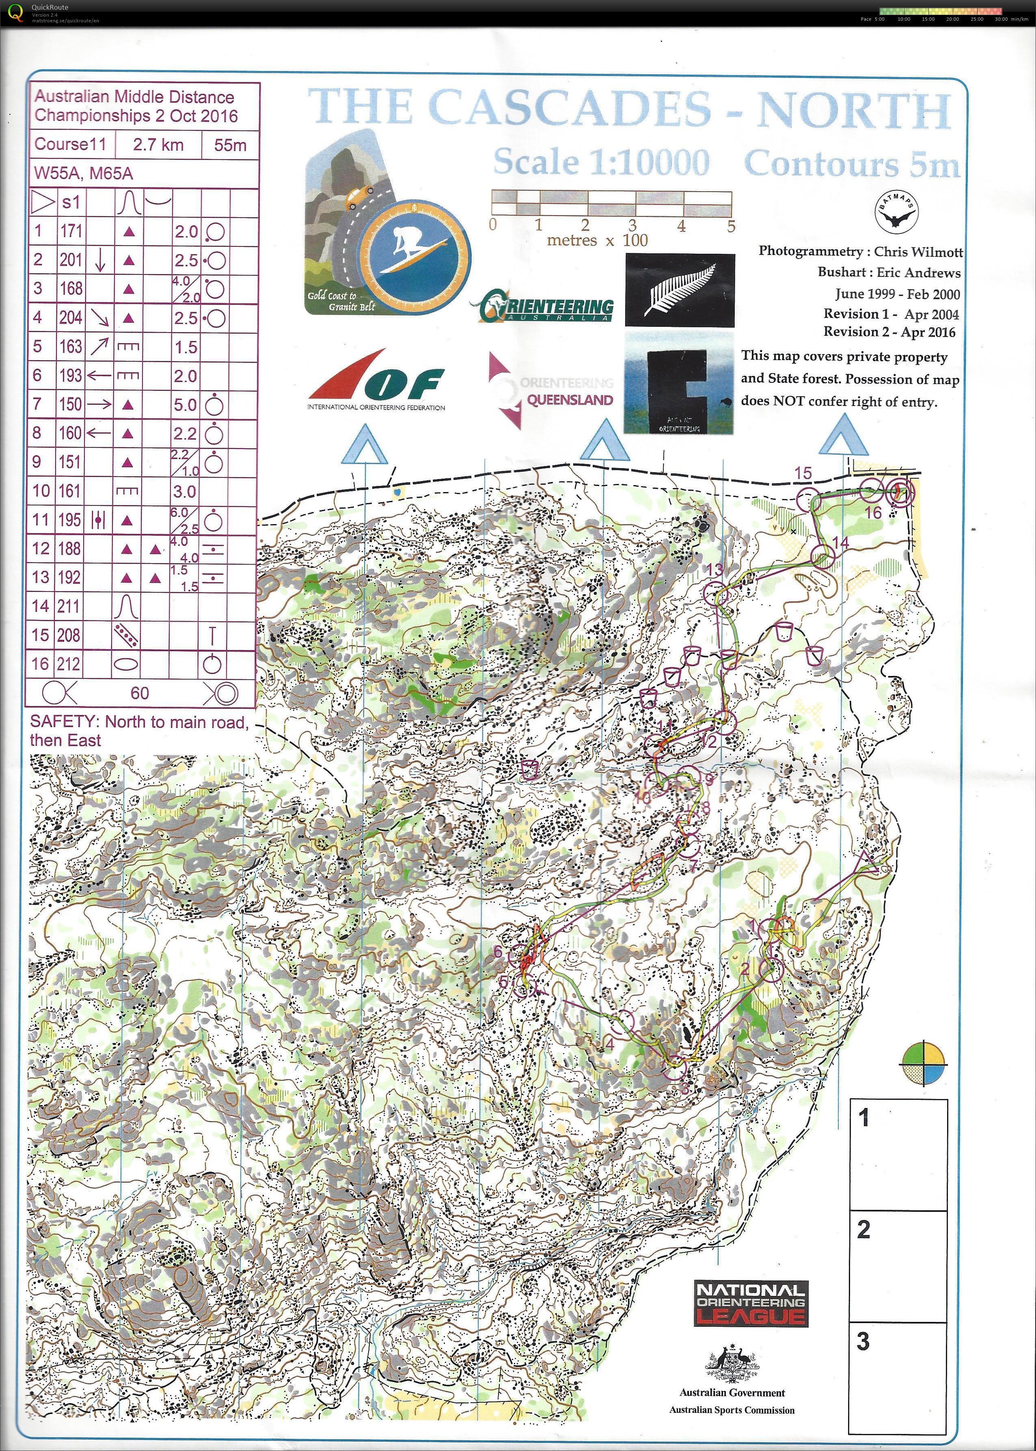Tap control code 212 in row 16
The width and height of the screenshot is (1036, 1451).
69,664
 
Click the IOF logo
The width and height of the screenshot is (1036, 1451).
376,380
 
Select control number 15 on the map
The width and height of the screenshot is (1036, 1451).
803,473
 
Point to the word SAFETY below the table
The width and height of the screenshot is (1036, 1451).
65,722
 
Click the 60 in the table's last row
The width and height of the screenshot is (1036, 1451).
139,693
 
